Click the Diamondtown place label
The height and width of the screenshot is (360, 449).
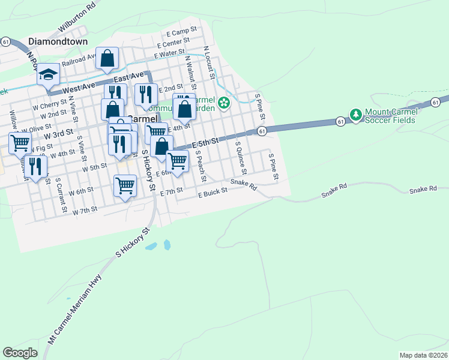tap(58, 42)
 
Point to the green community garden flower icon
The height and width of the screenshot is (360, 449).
tap(224, 104)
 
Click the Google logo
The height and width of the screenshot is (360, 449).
tap(20, 353)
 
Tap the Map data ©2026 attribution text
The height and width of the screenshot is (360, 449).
tap(423, 355)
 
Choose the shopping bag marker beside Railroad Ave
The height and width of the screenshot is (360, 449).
tap(107, 59)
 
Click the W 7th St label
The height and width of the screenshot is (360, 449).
tap(85, 211)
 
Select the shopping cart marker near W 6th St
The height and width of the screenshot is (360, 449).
tap(125, 186)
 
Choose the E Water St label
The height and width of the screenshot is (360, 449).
tap(169, 54)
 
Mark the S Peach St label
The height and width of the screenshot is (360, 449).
tap(200, 166)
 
